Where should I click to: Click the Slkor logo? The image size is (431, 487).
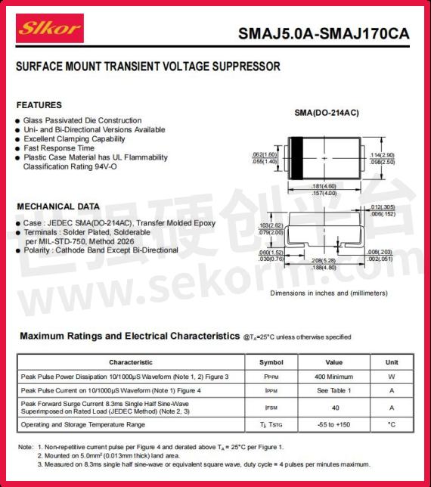(x=51, y=28)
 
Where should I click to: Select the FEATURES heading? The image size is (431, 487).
(x=39, y=105)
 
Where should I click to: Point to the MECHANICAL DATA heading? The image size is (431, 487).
(x=57, y=206)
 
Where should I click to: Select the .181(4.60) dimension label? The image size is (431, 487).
(x=324, y=186)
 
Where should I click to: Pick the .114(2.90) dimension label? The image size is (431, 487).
(x=381, y=155)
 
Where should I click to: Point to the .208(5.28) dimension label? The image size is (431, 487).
(x=324, y=259)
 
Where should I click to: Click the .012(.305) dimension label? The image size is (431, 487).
(x=382, y=207)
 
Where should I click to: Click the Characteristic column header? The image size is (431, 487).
(x=130, y=362)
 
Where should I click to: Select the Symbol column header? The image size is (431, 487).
(x=271, y=362)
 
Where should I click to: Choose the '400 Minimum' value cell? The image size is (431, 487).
(x=334, y=377)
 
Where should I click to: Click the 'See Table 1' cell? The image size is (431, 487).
(x=334, y=391)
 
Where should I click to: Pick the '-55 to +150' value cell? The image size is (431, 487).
(x=334, y=424)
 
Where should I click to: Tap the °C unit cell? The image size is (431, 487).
(x=392, y=424)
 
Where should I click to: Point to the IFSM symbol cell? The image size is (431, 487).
(x=271, y=408)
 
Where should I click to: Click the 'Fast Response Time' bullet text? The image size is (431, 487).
(x=58, y=148)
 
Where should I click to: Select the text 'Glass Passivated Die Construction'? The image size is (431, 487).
(x=82, y=120)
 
